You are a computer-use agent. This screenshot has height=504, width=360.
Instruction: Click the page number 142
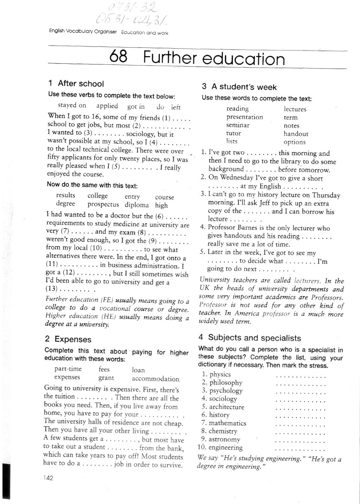click(48, 478)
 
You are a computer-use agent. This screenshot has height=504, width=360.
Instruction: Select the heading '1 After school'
click(76, 84)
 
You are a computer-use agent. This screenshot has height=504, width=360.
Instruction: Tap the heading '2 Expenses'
click(68, 339)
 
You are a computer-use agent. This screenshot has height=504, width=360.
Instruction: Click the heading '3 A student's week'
click(239, 87)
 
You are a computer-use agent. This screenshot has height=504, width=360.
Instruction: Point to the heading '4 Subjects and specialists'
click(249, 338)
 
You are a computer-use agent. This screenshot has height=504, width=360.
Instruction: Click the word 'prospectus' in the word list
click(103, 205)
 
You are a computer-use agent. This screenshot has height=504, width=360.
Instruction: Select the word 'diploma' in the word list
click(137, 205)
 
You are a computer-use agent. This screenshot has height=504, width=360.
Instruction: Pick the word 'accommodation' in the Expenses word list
click(156, 379)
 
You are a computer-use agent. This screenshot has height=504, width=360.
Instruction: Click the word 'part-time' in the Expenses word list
click(68, 369)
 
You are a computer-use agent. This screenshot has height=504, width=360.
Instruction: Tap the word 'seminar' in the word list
click(238, 125)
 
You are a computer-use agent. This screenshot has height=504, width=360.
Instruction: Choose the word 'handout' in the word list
click(296, 134)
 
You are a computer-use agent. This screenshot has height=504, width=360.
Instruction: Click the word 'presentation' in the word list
click(244, 117)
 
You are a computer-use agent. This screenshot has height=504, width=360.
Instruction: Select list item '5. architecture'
click(223, 407)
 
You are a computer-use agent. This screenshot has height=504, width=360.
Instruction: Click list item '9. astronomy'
click(221, 440)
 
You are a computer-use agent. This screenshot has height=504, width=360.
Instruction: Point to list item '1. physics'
click(216, 374)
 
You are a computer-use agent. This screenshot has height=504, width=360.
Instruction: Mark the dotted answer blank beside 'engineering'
click(300, 449)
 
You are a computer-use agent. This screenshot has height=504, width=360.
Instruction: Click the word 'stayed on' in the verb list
click(72, 105)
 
